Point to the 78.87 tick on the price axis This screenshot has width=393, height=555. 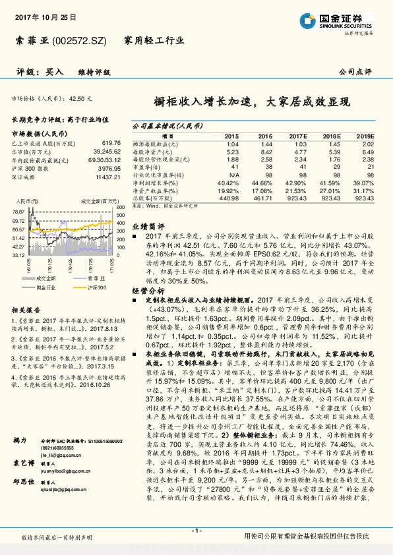click(x=18, y=211)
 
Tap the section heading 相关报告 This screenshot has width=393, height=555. click(x=27, y=309)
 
